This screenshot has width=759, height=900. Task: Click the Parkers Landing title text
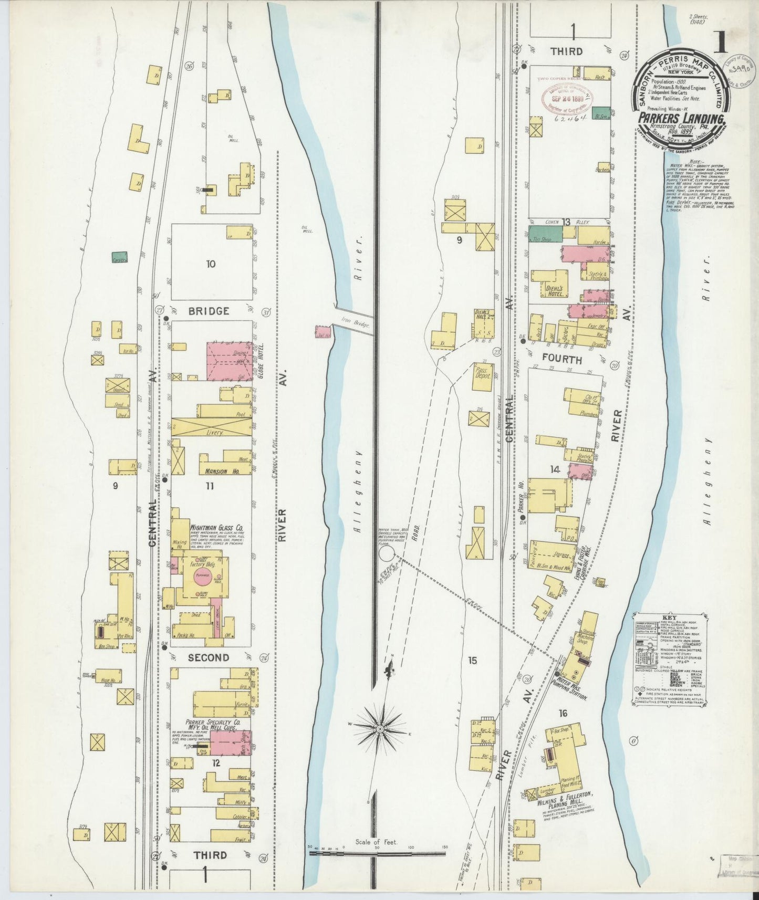pos(682,119)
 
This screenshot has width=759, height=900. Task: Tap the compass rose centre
pos(379,729)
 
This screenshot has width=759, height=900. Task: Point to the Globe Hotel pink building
pos(229,362)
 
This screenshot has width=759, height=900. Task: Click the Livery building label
pos(215,433)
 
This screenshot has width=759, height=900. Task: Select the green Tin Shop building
pos(545,235)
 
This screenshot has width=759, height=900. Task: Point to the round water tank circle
pos(387,552)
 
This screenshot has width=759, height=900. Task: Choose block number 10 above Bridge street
pos(210,264)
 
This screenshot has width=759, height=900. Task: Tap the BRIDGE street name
pos(209,311)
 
